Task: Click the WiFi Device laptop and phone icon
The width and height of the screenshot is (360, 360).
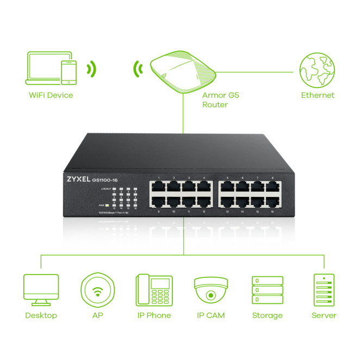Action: pos(51,68)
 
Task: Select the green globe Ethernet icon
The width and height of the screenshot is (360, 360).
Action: pos(317,71)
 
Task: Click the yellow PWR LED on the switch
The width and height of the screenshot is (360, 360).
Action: pos(108,205)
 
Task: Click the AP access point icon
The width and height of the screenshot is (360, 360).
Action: pos(98,290)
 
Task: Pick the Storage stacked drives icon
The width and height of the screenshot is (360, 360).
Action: pos(267,290)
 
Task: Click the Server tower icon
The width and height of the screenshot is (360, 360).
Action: pos(324,290)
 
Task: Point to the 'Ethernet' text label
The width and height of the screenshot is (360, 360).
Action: pos(318,96)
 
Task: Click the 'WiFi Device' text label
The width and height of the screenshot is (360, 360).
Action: pos(51,96)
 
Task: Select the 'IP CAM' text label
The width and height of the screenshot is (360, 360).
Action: pos(210,315)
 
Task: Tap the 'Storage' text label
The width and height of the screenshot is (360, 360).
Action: pos(267,315)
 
